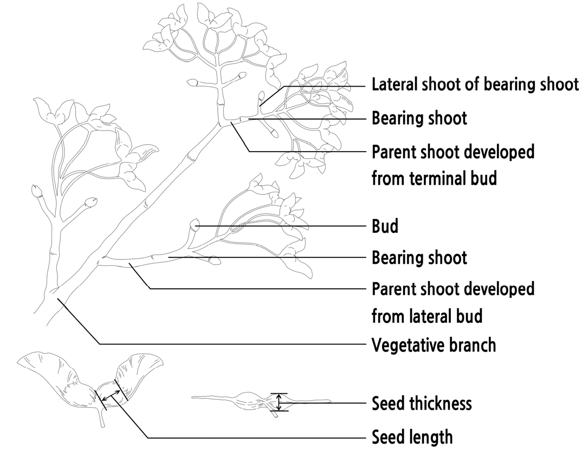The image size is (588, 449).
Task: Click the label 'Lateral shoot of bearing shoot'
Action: (x=475, y=84)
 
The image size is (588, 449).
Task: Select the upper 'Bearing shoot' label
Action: (x=419, y=118)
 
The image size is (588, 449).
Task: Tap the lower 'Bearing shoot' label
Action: (x=419, y=257)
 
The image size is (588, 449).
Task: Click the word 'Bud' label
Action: (x=385, y=226)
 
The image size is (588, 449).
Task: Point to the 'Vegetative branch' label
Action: (x=434, y=344)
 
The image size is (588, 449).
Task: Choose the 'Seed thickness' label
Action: (x=422, y=404)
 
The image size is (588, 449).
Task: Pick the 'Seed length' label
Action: (x=412, y=437)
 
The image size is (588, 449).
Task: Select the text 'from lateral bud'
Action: (x=427, y=315)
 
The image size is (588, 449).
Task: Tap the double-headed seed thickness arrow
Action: (x=279, y=402)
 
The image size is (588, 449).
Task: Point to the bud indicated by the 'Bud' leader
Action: (x=195, y=224)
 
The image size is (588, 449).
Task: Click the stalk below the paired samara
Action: (x=101, y=419)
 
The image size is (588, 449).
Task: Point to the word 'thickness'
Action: (x=443, y=404)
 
